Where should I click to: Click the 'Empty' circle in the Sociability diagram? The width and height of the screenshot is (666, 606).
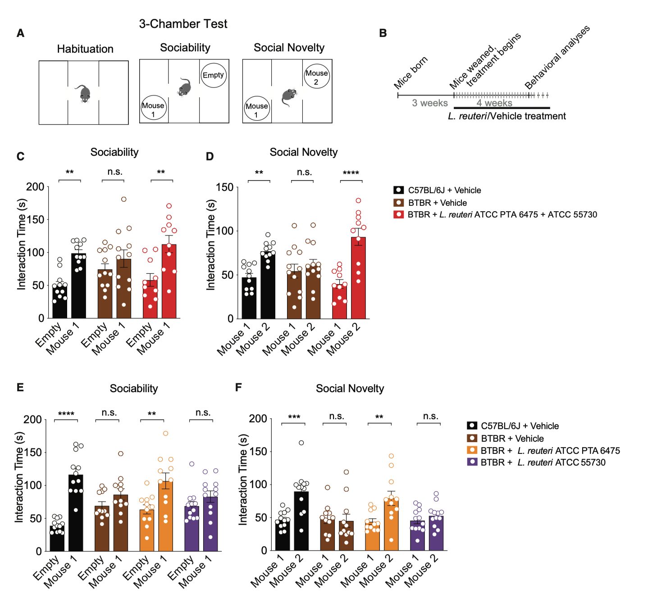coord(213,75)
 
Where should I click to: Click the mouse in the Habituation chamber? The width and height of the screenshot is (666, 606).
coord(84,93)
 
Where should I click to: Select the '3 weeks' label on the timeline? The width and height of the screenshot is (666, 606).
coord(430,103)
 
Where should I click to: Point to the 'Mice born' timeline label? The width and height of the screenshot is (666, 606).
coord(411,73)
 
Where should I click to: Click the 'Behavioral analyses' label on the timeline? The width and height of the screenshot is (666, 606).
coord(557,57)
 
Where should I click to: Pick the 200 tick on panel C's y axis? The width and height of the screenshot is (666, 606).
coord(36,187)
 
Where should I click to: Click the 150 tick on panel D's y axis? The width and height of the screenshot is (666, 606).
coord(225,187)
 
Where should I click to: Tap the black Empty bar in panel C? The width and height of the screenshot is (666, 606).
coord(60,301)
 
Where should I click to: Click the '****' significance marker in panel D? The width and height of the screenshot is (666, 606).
coord(351,173)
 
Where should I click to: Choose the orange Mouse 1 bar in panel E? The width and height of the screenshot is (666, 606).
coord(166,516)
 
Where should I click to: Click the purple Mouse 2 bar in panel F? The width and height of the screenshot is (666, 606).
coord(436,533)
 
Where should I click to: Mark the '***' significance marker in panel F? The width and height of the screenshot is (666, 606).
coord(294,417)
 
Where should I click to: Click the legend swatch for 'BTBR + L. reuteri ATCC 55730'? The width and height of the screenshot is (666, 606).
coord(472,462)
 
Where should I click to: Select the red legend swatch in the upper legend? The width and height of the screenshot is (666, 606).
coord(399,214)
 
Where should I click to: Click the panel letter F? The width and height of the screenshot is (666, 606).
coord(238,387)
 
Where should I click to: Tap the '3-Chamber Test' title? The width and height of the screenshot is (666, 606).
coord(183,24)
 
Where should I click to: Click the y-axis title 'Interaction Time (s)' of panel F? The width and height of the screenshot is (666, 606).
coord(243,479)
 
